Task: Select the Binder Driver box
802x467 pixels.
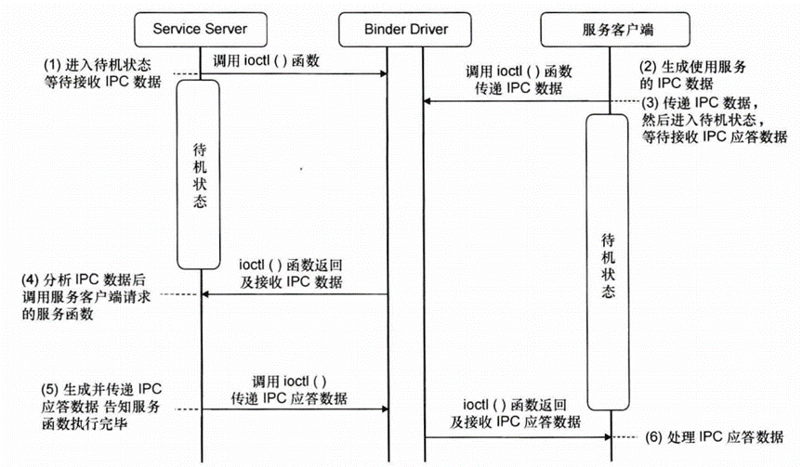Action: (x=405, y=29)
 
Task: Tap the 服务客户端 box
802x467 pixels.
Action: (x=608, y=29)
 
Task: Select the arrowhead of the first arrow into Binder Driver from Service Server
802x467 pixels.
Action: (x=383, y=74)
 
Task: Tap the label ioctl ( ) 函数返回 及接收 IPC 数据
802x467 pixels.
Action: (x=295, y=273)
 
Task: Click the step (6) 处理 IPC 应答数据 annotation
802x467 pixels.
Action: (x=711, y=436)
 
